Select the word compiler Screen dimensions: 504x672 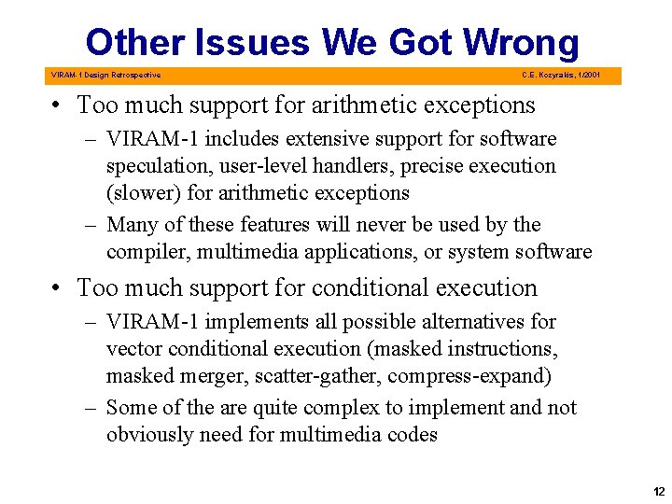tap(149, 252)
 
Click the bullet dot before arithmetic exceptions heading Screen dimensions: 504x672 tap(59, 105)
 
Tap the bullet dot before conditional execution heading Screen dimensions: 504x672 tap(59, 288)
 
